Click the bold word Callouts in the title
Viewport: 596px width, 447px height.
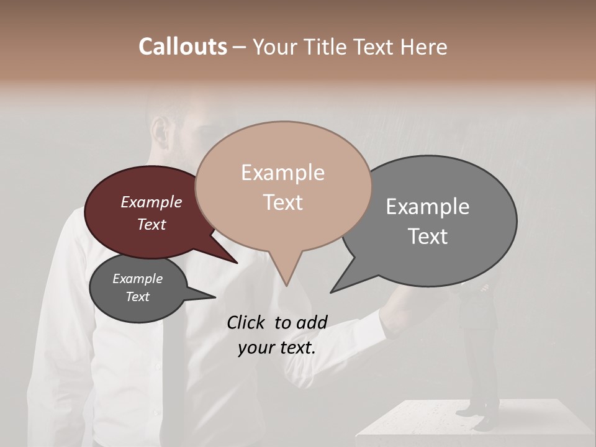[x=183, y=47]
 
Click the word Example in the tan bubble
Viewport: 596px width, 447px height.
[x=282, y=173]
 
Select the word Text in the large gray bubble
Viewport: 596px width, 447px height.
[x=428, y=237]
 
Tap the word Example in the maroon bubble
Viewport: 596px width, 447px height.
[x=151, y=202]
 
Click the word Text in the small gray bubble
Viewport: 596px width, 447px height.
[x=137, y=297]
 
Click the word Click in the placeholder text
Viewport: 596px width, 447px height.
[x=247, y=322]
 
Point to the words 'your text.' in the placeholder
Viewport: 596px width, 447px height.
[x=277, y=348]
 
